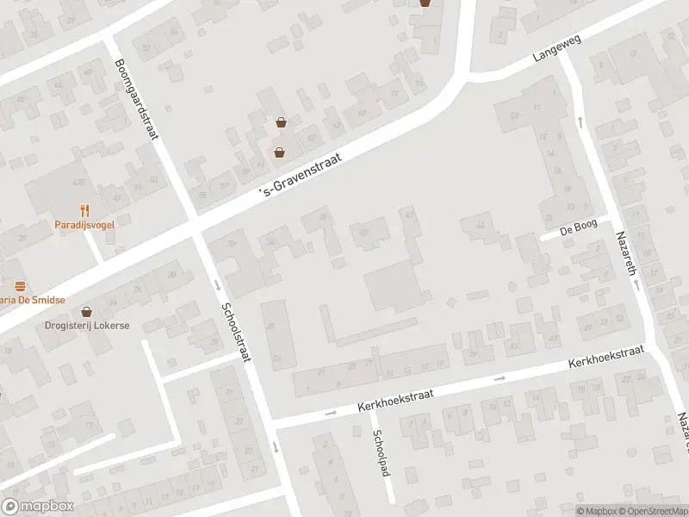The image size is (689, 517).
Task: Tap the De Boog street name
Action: [x=579, y=229]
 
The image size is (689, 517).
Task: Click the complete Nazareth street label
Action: [x=626, y=257]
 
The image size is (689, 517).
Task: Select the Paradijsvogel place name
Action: [x=84, y=225]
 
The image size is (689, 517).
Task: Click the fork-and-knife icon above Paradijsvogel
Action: [x=84, y=210]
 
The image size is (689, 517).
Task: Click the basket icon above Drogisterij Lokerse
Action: [x=85, y=311]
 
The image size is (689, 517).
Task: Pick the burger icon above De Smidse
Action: [x=20, y=285]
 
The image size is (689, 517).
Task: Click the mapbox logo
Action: [x=37, y=506]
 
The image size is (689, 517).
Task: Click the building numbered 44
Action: [x=479, y=227]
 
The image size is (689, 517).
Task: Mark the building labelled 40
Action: [x=363, y=232]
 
